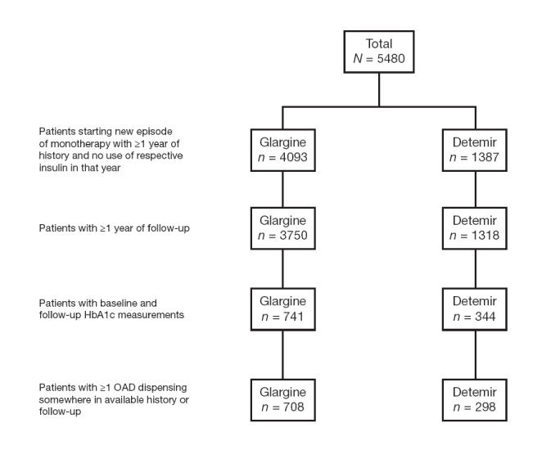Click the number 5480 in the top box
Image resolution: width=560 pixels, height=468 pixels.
[391, 59]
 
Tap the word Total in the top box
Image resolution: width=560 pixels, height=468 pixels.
[379, 43]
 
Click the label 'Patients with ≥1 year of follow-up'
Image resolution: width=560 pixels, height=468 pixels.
[115, 228]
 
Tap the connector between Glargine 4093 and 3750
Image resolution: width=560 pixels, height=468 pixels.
[282, 189]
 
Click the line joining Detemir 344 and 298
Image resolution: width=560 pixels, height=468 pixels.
[476, 355]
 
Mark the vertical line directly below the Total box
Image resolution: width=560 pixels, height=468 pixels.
[379, 90]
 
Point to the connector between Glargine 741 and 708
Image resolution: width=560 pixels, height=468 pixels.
[282, 355]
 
